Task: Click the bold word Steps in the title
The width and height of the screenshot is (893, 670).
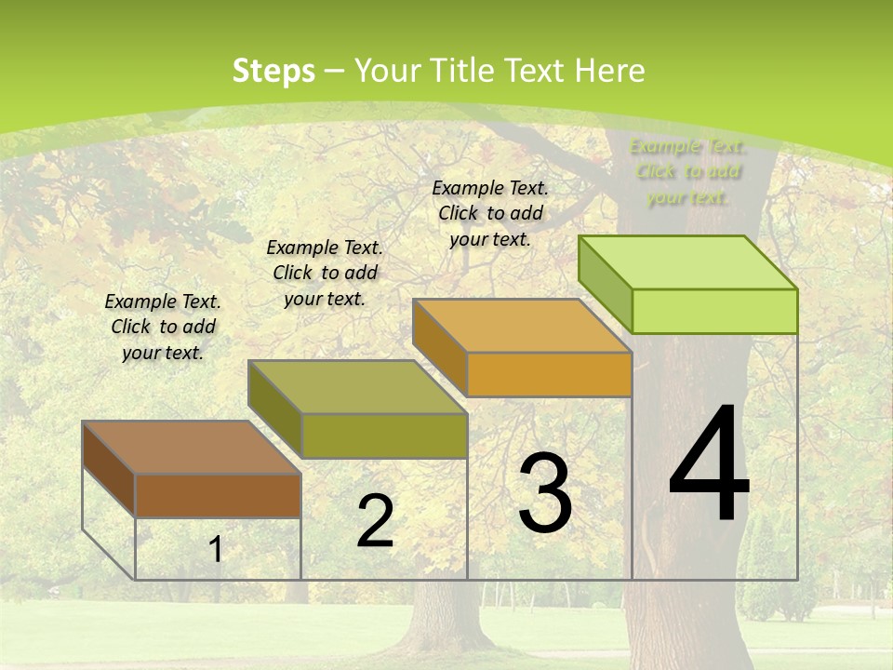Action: pyautogui.click(x=273, y=71)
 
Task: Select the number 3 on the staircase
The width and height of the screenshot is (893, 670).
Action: pyautogui.click(x=544, y=493)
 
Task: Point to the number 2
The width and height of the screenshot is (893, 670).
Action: pyautogui.click(x=375, y=521)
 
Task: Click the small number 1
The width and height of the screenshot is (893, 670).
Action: pyautogui.click(x=216, y=550)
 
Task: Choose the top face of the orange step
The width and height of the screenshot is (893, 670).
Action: pyautogui.click(x=522, y=326)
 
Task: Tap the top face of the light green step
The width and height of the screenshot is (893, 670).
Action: pyautogui.click(x=687, y=262)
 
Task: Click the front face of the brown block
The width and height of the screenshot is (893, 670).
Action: pyautogui.click(x=218, y=496)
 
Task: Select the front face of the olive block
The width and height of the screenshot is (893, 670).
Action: pyautogui.click(x=384, y=435)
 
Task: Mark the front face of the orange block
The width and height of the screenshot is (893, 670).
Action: pyautogui.click(x=549, y=374)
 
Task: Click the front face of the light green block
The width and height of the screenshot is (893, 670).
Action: pyautogui.click(x=714, y=311)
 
